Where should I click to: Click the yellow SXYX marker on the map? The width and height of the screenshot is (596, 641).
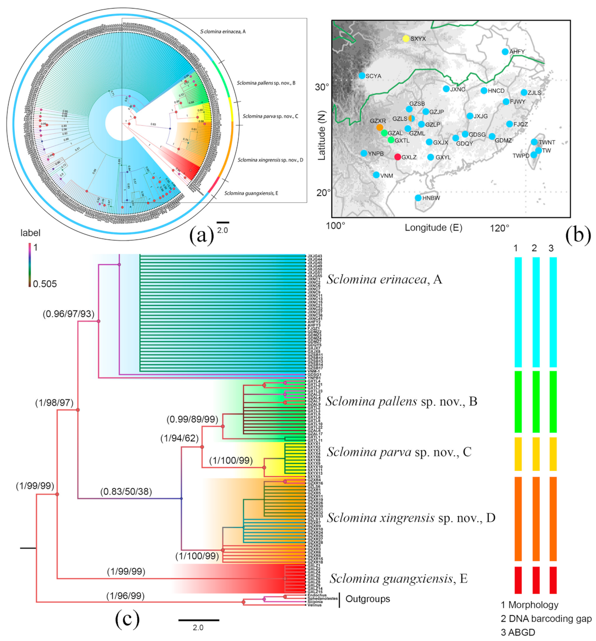(406, 38)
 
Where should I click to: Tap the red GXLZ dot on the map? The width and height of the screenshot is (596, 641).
(398, 157)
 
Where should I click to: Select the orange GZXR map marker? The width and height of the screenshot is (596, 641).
(380, 128)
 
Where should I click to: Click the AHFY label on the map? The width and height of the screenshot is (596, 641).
(516, 52)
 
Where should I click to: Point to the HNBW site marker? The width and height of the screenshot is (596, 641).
(418, 198)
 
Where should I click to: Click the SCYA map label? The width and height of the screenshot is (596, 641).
(373, 76)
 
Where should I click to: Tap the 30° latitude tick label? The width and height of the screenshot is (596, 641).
(322, 87)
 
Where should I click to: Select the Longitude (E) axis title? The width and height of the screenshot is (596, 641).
(433, 228)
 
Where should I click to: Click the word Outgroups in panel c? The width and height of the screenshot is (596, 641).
(367, 599)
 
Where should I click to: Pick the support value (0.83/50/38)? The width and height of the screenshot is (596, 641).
(126, 492)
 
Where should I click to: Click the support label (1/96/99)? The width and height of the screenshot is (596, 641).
(125, 596)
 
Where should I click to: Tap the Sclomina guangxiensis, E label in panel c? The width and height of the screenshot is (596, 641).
(398, 579)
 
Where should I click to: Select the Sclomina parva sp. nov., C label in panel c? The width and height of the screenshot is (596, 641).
(399, 452)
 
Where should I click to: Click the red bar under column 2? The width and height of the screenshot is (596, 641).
(536, 580)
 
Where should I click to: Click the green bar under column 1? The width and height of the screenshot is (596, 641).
(517, 402)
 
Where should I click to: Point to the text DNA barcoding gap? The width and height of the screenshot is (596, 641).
(550, 618)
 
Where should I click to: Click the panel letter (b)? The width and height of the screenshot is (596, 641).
(578, 235)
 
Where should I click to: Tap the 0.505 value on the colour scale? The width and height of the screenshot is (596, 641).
(45, 284)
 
